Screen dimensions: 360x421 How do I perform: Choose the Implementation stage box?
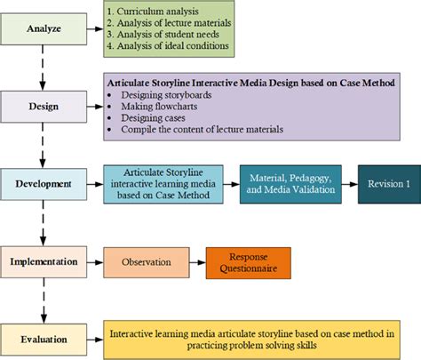43,262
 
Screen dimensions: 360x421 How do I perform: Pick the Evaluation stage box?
43,339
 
